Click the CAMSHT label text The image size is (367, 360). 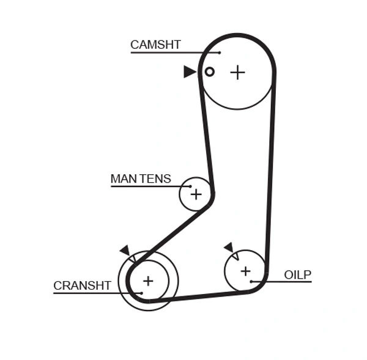155,45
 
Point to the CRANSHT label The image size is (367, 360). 82,285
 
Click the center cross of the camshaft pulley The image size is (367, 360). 237,72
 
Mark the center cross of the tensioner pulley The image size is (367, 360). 196,194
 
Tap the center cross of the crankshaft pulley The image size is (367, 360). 147,281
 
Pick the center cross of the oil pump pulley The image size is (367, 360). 245,271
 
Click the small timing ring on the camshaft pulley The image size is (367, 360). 209,72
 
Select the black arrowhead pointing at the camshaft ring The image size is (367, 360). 190,72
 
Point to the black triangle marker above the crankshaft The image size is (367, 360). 125,250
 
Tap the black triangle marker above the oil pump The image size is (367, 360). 229,247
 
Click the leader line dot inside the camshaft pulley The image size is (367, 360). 220,53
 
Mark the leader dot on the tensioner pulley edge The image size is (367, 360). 190,186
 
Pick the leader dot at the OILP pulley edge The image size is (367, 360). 251,281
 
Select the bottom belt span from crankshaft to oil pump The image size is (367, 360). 202,296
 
